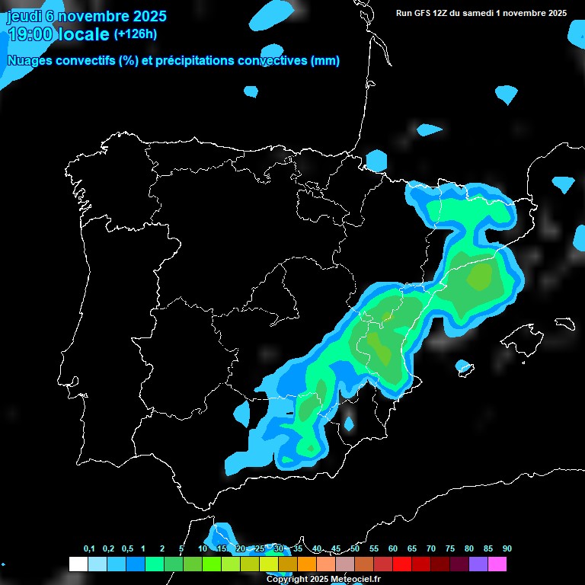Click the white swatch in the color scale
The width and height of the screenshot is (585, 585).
click(x=78, y=564)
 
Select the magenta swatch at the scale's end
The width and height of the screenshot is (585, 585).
click(x=497, y=564)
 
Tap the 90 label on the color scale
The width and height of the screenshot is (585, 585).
click(x=507, y=549)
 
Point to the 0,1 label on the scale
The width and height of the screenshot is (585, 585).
click(x=89, y=549)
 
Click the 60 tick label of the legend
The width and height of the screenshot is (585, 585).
click(x=393, y=549)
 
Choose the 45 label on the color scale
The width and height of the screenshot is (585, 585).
click(x=336, y=549)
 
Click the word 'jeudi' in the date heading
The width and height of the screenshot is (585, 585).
click(x=24, y=16)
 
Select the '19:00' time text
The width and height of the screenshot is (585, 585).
click(x=30, y=34)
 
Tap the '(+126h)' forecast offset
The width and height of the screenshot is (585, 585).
click(x=135, y=34)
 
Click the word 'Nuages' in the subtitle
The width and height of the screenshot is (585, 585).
click(x=30, y=61)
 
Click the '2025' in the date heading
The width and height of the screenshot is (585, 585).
click(x=150, y=16)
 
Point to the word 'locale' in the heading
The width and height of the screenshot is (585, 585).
click(x=83, y=34)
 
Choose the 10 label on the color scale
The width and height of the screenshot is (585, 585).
click(x=203, y=549)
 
